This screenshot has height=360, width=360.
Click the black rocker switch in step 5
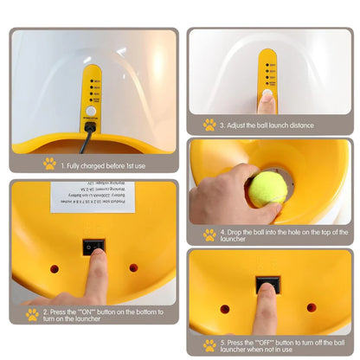(x=267, y=285)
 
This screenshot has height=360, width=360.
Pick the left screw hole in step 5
(x=225, y=308)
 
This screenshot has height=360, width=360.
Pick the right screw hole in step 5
(x=312, y=307)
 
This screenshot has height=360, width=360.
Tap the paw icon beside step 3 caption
(x=209, y=125)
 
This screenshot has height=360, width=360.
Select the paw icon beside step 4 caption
(x=209, y=235)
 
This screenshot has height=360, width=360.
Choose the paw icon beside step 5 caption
(x=208, y=343)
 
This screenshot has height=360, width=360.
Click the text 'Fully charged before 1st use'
(x=103, y=163)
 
